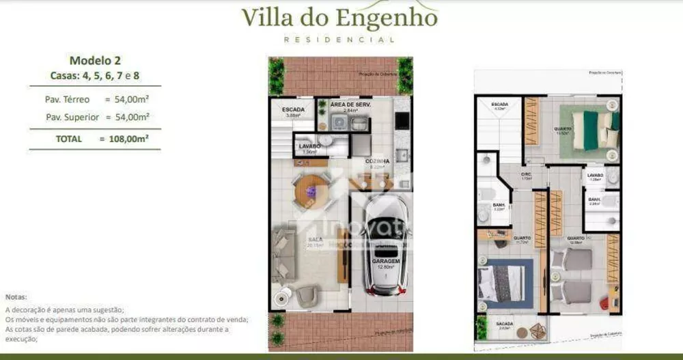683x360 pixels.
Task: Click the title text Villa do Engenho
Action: click(x=339, y=16)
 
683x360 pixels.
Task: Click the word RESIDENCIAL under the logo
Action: click(x=339, y=40)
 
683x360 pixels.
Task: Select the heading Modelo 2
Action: click(x=95, y=60)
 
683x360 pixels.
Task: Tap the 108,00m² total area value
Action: click(x=124, y=139)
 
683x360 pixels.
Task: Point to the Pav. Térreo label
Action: click(x=67, y=100)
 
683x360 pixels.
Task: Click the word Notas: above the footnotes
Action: click(x=16, y=297)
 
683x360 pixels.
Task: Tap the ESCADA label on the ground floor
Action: click(x=293, y=109)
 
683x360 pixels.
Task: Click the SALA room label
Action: click(x=315, y=240)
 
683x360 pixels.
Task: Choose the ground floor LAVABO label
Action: click(x=309, y=146)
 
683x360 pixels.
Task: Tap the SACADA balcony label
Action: click(x=505, y=324)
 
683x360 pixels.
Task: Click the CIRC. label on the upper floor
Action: click(x=525, y=174)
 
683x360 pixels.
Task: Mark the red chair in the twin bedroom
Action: click(x=604, y=301)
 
